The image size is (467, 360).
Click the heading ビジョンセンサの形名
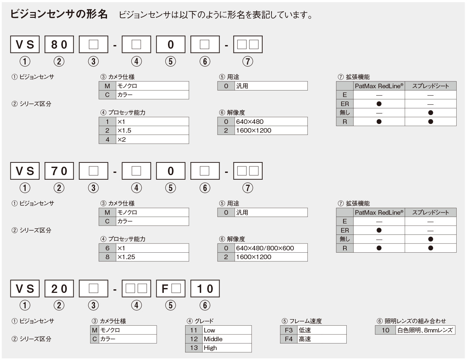coord(59,14)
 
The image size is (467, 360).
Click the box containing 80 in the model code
coord(59,44)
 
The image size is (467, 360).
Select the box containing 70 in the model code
coord(59,171)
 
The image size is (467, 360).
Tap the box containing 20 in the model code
coord(59,288)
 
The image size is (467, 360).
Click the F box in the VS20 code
coord(171,288)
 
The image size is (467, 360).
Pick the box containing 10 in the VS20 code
coord(205,288)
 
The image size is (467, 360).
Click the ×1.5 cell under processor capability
coord(152,130)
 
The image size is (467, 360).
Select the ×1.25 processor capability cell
coord(152,257)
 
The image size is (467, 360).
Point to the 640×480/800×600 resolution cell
coord(271,248)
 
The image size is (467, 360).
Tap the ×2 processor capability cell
coord(152,139)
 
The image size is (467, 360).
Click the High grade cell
coord(227,348)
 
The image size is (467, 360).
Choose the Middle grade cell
coord(227,339)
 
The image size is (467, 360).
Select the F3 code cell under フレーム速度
coord(289,330)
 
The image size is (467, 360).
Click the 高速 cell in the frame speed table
coord(322,339)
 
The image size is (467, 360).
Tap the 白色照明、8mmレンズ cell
coord(425,330)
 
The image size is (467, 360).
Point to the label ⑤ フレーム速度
coord(302,321)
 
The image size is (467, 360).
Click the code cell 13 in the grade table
coord(194,348)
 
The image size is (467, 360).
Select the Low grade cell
coord(227,330)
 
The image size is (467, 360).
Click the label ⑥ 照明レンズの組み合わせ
coord(411,321)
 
